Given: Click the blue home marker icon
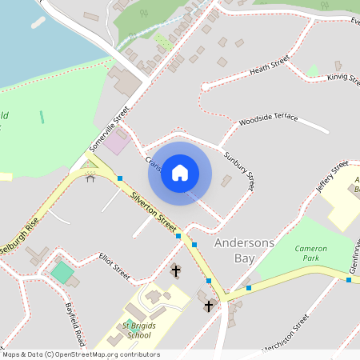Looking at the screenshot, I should coord(180,173).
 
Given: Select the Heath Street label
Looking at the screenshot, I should coord(269,66).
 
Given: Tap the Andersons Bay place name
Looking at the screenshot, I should coord(244,250).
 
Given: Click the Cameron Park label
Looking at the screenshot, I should coord(310,254).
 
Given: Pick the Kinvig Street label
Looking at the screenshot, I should coord(345,78).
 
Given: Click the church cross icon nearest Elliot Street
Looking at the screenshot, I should coord(176,271).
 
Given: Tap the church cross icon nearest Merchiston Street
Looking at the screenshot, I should coord(209,306).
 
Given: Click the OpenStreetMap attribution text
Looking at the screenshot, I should coord(80,354).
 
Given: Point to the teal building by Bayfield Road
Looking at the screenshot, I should coord(61,272).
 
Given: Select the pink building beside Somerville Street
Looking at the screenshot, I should coord(117,144).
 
